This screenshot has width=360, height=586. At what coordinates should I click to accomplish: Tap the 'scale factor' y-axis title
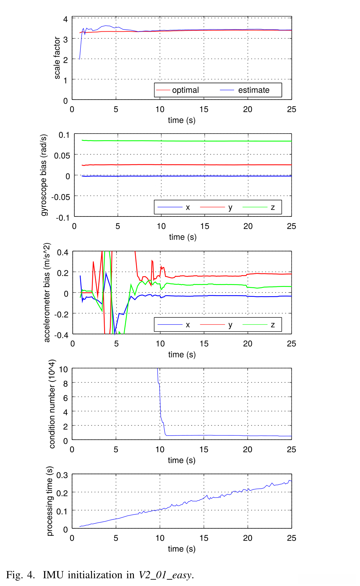tap(57, 58)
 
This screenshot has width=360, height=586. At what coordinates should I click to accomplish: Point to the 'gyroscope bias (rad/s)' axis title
tap(44, 175)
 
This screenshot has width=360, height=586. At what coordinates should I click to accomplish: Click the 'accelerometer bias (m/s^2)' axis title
tap(47, 292)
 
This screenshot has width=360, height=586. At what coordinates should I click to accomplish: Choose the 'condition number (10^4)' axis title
tap(52, 404)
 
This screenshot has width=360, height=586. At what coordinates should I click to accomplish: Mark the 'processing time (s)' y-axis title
tap(49, 501)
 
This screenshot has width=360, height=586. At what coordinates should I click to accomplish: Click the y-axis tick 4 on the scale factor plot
tap(66, 19)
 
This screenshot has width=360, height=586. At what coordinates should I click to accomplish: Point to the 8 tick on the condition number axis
tap(66, 384)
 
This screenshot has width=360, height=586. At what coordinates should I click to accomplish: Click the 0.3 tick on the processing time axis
tap(62, 475)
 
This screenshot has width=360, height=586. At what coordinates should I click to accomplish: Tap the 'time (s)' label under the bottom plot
tap(182, 549)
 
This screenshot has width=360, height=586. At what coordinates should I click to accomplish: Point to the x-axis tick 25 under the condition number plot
tap(291, 450)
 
